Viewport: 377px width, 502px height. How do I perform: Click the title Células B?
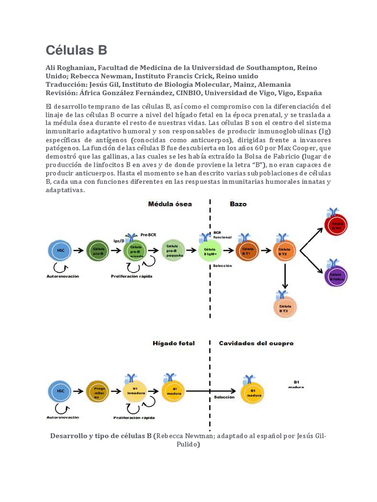76,50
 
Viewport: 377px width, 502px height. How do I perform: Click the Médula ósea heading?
170,203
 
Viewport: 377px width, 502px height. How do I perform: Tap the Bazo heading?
238,203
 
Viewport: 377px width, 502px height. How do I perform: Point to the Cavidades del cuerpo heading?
256,343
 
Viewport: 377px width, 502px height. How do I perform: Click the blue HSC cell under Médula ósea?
60,251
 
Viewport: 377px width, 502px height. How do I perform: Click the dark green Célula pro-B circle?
98,251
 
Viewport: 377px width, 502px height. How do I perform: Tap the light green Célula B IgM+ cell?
210,251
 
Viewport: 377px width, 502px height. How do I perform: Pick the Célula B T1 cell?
247,251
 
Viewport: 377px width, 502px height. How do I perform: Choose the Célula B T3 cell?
284,308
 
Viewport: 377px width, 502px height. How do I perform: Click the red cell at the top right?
337,225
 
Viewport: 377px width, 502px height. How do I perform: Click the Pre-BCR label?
148,234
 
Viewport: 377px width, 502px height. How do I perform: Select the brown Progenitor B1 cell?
98,391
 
